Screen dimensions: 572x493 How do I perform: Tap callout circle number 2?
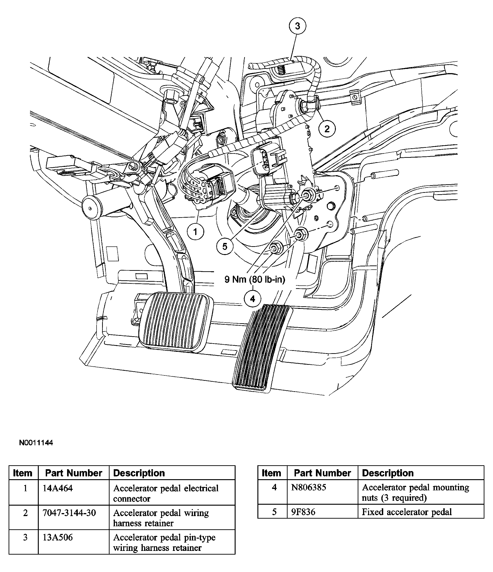(327, 129)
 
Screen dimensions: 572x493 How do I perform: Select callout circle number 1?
(195, 232)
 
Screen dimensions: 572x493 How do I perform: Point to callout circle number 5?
(225, 246)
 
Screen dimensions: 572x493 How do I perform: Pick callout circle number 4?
(253, 299)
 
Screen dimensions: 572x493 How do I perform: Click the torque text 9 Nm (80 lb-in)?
(255, 279)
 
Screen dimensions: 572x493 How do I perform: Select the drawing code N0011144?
(36, 443)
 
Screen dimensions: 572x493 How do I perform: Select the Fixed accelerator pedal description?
(407, 512)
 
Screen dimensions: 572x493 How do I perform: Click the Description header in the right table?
(388, 473)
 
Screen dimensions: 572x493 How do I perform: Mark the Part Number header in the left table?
(74, 473)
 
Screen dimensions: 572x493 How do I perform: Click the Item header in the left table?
(23, 473)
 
